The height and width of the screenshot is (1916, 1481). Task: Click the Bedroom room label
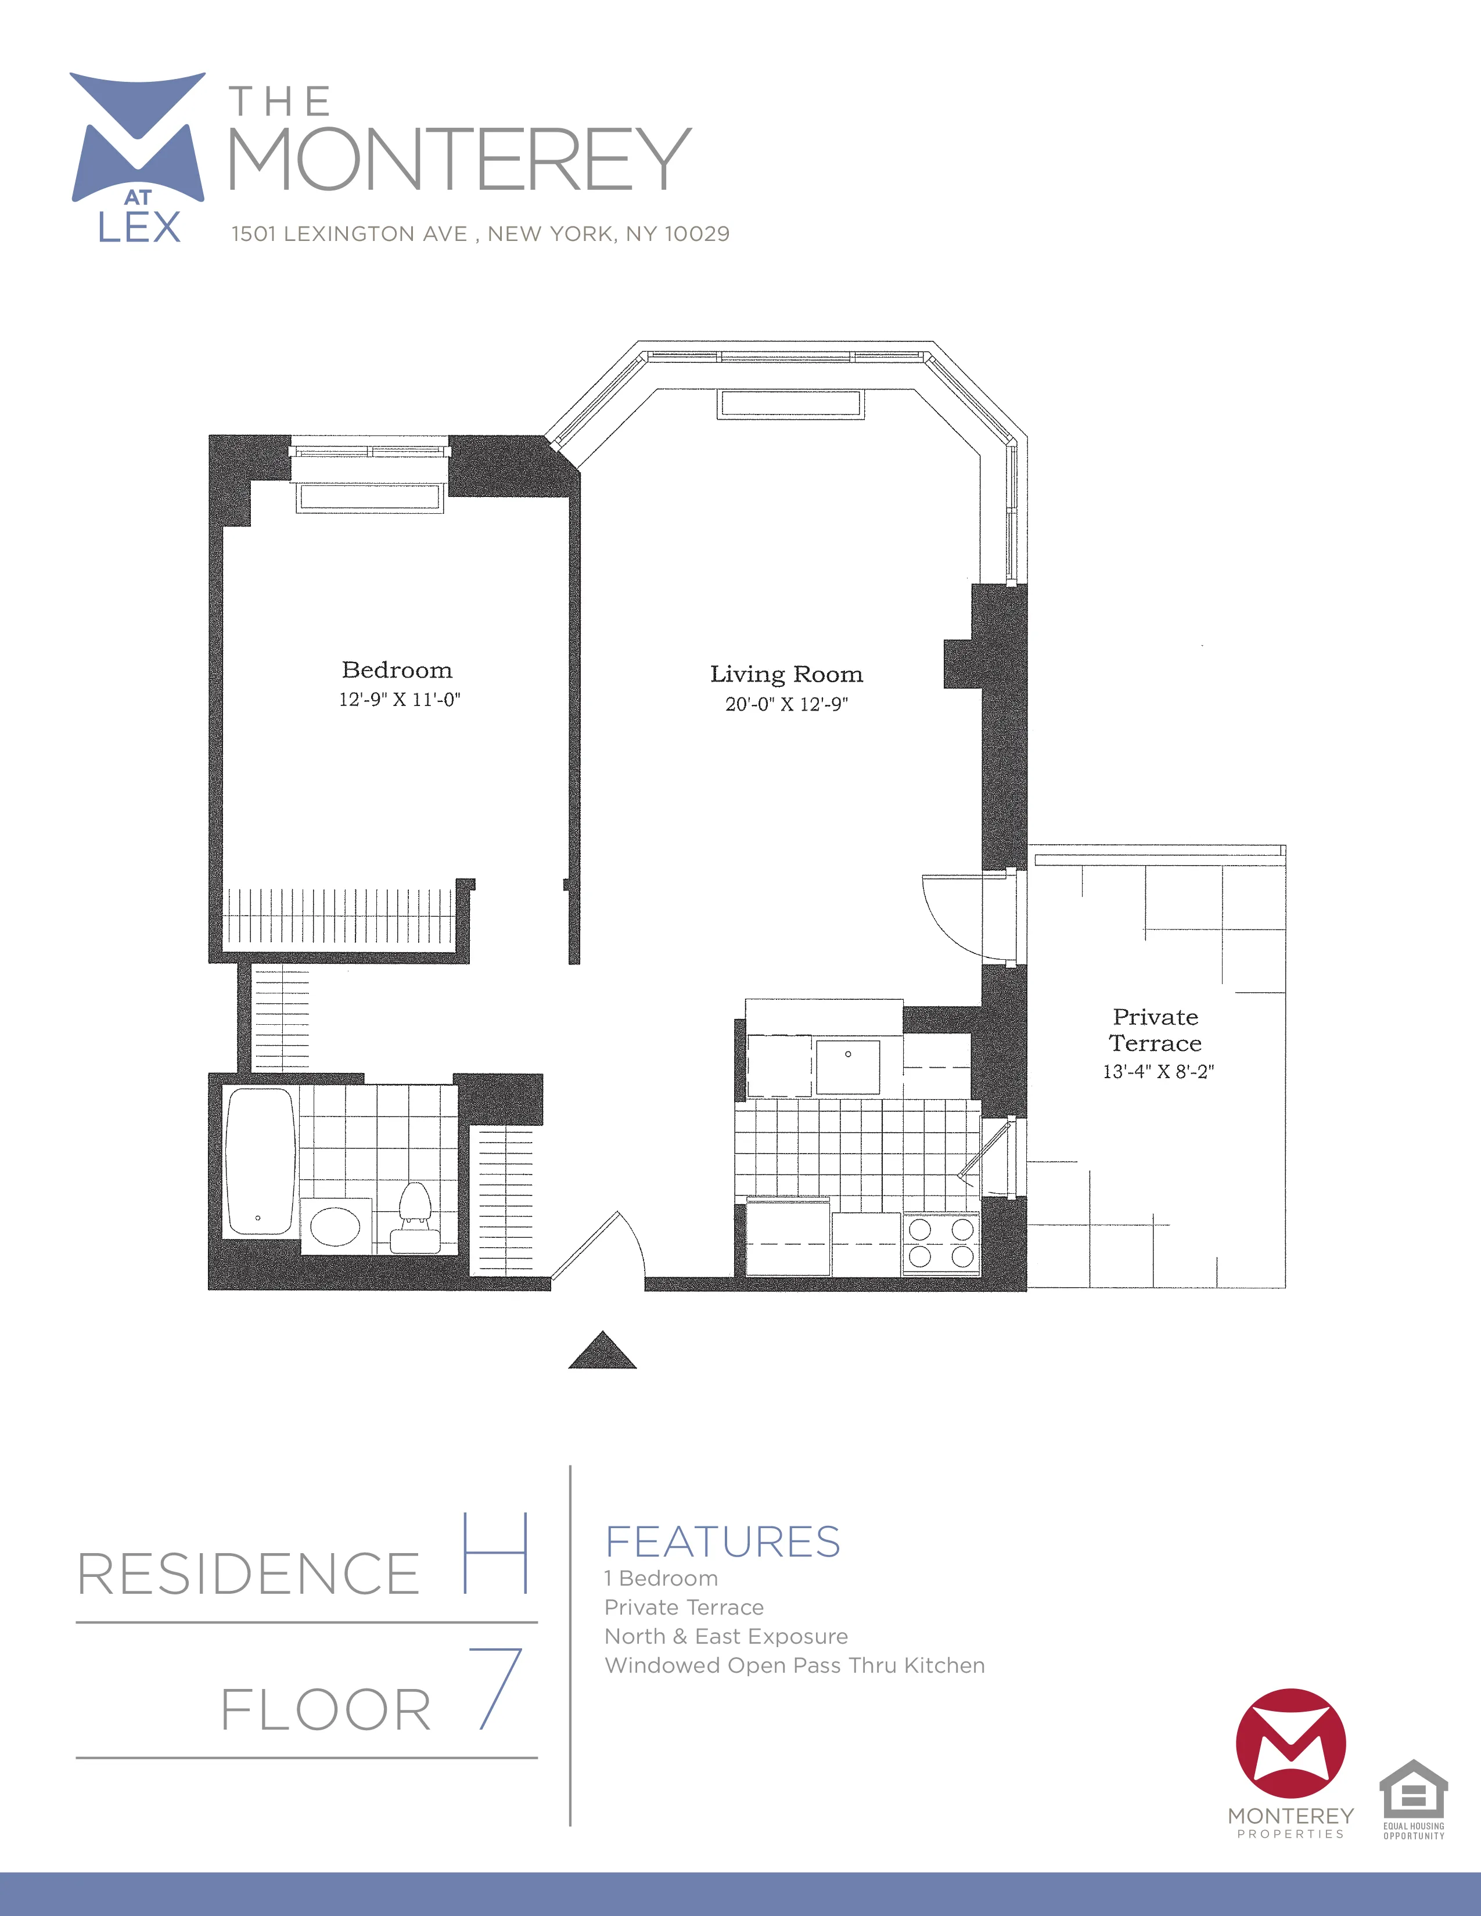[397, 670]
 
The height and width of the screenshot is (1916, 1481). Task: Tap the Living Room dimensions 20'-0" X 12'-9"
[786, 704]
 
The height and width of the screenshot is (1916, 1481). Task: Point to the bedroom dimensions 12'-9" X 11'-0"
[399, 699]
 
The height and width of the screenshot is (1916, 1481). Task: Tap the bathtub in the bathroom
[260, 1161]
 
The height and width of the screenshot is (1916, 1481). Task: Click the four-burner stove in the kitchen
[940, 1242]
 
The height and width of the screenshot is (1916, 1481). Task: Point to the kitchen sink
[847, 1066]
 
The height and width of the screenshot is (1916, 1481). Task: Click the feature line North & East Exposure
[725, 1636]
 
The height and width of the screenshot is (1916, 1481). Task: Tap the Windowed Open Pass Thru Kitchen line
[794, 1665]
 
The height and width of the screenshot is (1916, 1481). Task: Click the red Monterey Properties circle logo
[1290, 1742]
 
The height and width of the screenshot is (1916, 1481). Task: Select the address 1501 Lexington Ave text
[480, 234]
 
